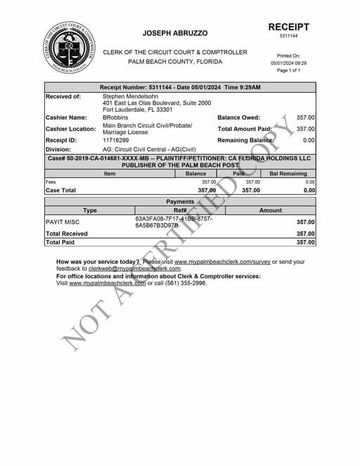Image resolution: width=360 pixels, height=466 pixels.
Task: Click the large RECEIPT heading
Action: (x=288, y=27)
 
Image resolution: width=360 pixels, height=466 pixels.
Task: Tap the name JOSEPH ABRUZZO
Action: (x=174, y=33)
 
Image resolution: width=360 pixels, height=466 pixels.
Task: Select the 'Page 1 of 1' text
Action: (x=288, y=71)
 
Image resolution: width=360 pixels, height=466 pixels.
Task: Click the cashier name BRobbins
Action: (x=115, y=117)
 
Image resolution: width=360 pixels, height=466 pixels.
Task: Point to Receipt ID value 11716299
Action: (x=116, y=141)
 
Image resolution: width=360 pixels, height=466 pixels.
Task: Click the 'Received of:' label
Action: (x=63, y=96)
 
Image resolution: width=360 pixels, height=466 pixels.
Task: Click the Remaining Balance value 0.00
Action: (x=309, y=141)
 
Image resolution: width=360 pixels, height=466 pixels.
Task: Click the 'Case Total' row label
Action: (x=60, y=190)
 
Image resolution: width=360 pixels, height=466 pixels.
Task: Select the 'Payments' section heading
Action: (x=180, y=202)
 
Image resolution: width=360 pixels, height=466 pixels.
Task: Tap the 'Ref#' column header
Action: (x=180, y=210)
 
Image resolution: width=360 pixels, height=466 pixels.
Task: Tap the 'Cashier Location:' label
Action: (x=70, y=129)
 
